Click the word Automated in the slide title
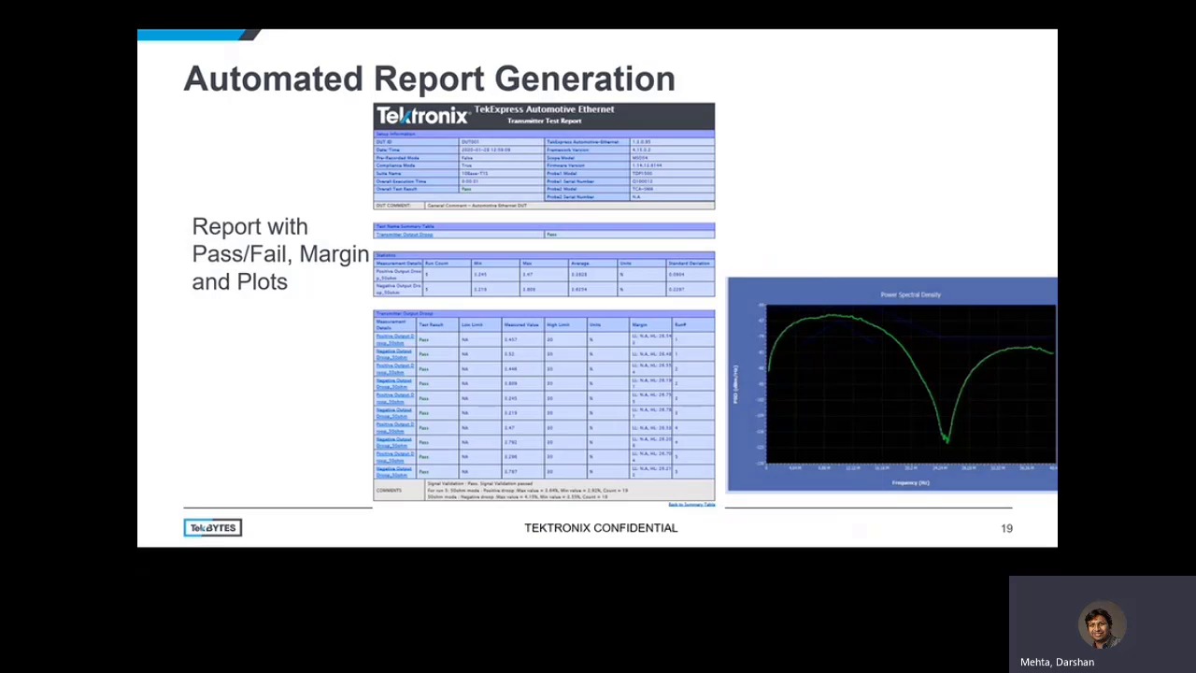tap(273, 79)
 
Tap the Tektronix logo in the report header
tap(421, 116)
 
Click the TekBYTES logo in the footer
tap(213, 528)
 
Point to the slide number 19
tap(1006, 529)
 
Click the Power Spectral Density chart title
tap(910, 294)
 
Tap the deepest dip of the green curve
tap(947, 439)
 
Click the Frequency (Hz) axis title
tap(910, 483)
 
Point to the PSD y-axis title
tap(735, 384)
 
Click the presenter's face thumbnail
tap(1101, 624)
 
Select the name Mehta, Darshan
tap(1057, 662)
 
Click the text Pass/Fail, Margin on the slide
tap(280, 254)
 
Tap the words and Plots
tap(239, 282)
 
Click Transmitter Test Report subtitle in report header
tap(544, 121)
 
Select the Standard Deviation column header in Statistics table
tap(689, 264)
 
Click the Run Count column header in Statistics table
tap(436, 264)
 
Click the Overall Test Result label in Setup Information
tap(396, 189)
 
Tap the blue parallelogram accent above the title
tap(196, 35)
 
